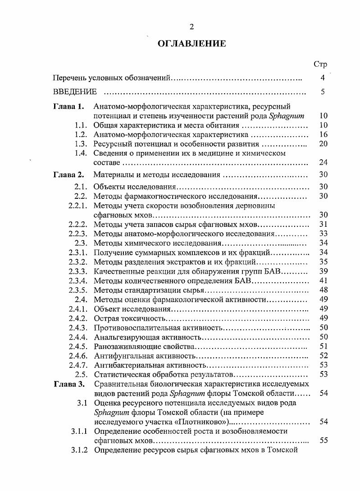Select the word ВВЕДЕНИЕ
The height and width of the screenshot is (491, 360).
(75, 92)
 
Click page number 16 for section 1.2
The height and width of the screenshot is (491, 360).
(323, 135)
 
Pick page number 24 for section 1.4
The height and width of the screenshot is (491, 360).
(323, 162)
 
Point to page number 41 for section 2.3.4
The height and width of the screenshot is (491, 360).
(323, 280)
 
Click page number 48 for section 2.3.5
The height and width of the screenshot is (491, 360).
(323, 290)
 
